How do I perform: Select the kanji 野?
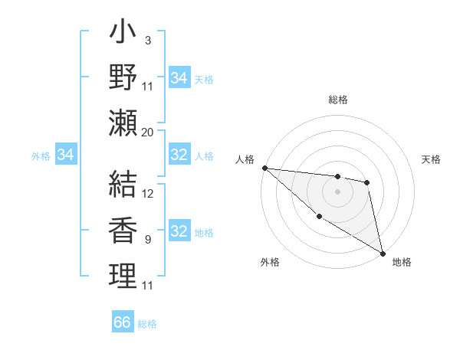tap(123, 77)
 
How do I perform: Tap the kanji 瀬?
tap(123, 122)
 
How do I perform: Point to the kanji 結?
tap(123, 183)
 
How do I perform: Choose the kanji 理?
tap(123, 275)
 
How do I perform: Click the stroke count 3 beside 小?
tap(147, 41)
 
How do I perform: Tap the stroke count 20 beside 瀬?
tap(148, 132)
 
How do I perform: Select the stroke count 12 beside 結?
tap(148, 194)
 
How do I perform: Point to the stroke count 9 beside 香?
tap(147, 240)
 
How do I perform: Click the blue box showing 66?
tap(123, 322)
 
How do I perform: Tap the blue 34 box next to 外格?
tap(65, 155)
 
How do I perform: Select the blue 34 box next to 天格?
tap(179, 78)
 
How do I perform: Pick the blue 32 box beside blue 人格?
tap(179, 155)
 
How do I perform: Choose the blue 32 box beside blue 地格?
tap(179, 231)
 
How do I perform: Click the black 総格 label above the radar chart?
tap(338, 100)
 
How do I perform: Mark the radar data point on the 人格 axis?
tap(264, 168)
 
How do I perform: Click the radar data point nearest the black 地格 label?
tap(383, 254)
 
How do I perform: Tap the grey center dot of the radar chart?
tap(338, 191)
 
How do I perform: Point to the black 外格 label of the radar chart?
tap(270, 262)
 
